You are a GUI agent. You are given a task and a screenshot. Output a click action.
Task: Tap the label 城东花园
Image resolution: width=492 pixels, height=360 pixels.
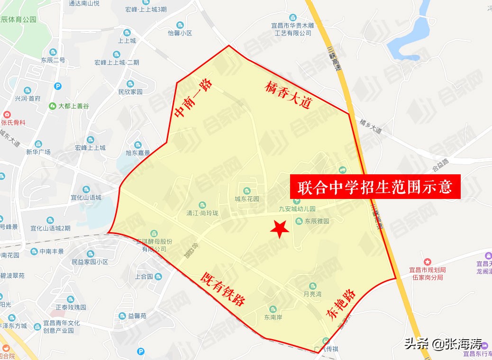tap(247, 199)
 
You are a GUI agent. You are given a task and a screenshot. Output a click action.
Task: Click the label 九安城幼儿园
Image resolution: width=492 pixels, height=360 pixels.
tap(297, 208)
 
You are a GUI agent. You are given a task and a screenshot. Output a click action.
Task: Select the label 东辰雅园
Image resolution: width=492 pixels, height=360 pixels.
tap(317, 221)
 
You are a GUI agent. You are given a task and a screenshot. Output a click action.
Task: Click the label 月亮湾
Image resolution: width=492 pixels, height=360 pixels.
tap(312, 294)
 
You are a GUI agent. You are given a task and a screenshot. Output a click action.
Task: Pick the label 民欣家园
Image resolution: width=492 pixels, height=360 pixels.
tap(130, 92)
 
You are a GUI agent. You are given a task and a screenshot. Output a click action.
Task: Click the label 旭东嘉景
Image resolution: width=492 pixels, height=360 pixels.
tap(137, 153)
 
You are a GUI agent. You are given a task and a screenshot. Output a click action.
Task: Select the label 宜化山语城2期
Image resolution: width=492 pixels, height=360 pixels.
tap(50, 228)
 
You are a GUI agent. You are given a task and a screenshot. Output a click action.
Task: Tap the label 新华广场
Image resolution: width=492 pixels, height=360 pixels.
tap(38, 152)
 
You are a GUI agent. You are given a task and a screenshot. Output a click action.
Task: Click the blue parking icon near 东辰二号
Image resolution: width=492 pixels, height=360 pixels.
tap(58, 86)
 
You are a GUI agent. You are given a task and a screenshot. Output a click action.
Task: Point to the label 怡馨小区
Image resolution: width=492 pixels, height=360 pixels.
tap(180, 33)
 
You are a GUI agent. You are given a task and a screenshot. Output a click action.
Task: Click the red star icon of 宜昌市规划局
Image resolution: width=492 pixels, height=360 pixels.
tap(427, 261)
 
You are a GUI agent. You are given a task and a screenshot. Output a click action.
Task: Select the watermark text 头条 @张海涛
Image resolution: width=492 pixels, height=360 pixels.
tap(443, 344)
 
